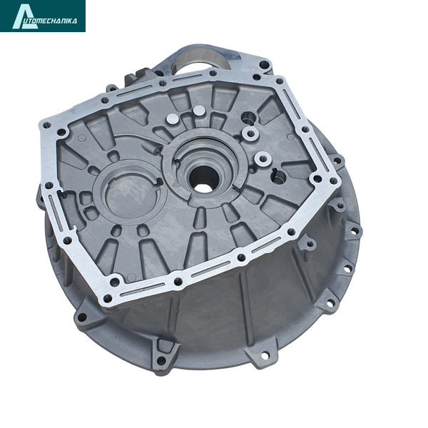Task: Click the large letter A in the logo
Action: pyautogui.click(x=24, y=16)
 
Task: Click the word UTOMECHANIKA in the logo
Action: pyautogui.click(x=55, y=21)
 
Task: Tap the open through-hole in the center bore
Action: pyautogui.click(x=201, y=179)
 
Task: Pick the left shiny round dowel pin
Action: pyautogui.click(x=172, y=119)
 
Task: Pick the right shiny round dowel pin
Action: pyautogui.click(x=199, y=111)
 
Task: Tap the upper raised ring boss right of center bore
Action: pyautogui.click(x=250, y=133)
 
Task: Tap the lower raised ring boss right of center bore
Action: pyautogui.click(x=263, y=158)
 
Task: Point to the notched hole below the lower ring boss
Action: pyautogui.click(x=278, y=178)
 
